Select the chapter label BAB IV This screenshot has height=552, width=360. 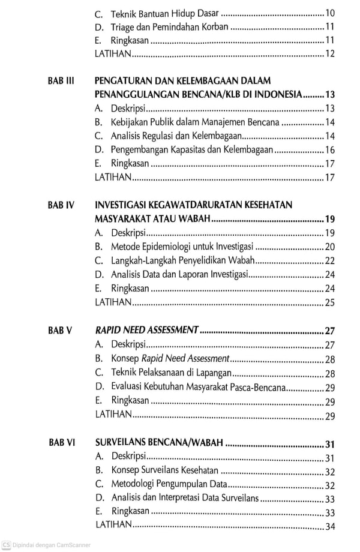(x=61, y=205)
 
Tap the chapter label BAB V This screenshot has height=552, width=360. (x=60, y=330)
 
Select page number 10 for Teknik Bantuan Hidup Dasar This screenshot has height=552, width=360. (x=330, y=13)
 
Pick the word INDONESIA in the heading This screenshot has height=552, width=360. (x=277, y=95)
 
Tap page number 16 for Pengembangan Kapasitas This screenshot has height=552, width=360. (x=330, y=150)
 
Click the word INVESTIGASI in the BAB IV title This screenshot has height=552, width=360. (x=123, y=205)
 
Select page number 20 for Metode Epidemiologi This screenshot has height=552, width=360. (x=329, y=247)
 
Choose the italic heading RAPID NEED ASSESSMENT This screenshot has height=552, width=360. (x=147, y=330)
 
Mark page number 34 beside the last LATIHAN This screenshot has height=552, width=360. (x=329, y=526)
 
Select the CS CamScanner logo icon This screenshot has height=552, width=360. (x=6, y=545)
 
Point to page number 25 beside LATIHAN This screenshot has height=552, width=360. (x=329, y=302)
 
